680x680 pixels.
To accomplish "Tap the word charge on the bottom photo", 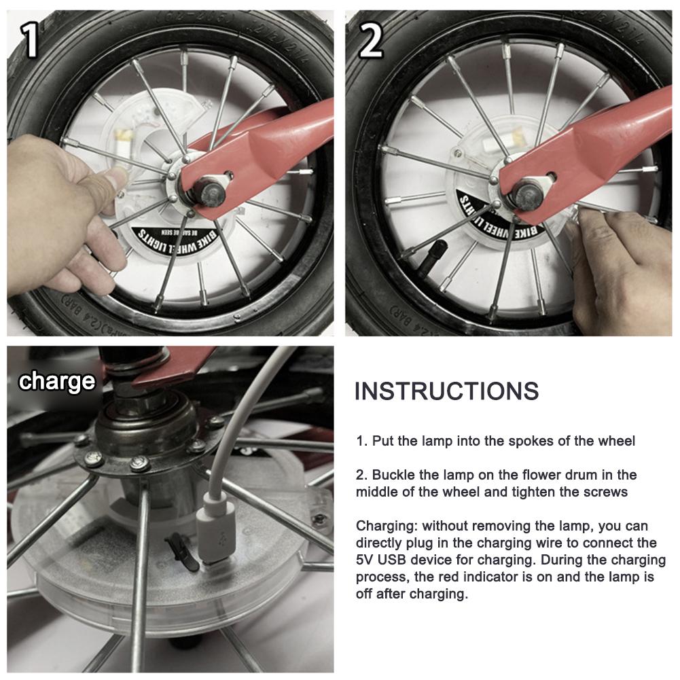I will (x=57, y=381).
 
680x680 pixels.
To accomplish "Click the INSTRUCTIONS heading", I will (x=446, y=391).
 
